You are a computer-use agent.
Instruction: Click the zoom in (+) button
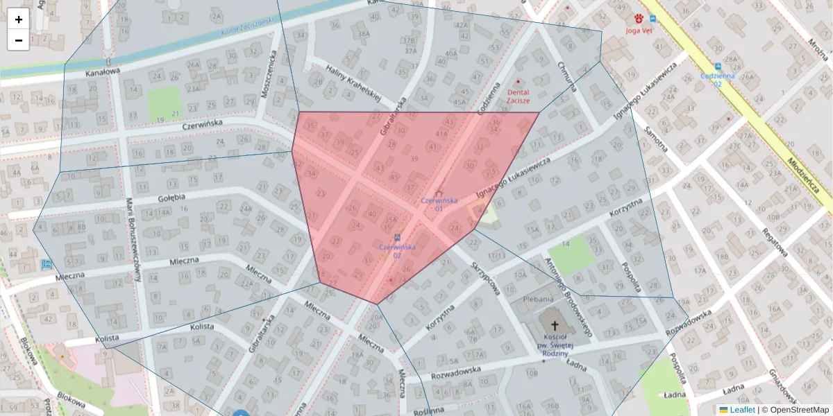19,19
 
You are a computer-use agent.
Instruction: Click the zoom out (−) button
19,40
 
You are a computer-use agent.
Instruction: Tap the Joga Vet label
639,31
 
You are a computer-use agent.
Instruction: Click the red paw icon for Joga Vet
639,19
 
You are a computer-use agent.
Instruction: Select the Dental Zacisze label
518,96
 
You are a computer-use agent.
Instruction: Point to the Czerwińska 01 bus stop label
439,205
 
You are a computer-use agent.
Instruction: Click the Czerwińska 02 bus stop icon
397,237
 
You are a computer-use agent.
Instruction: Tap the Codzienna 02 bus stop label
718,79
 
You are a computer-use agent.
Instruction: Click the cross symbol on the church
554,324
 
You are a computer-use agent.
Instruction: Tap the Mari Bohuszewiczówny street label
134,239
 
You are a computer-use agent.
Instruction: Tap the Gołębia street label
171,198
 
